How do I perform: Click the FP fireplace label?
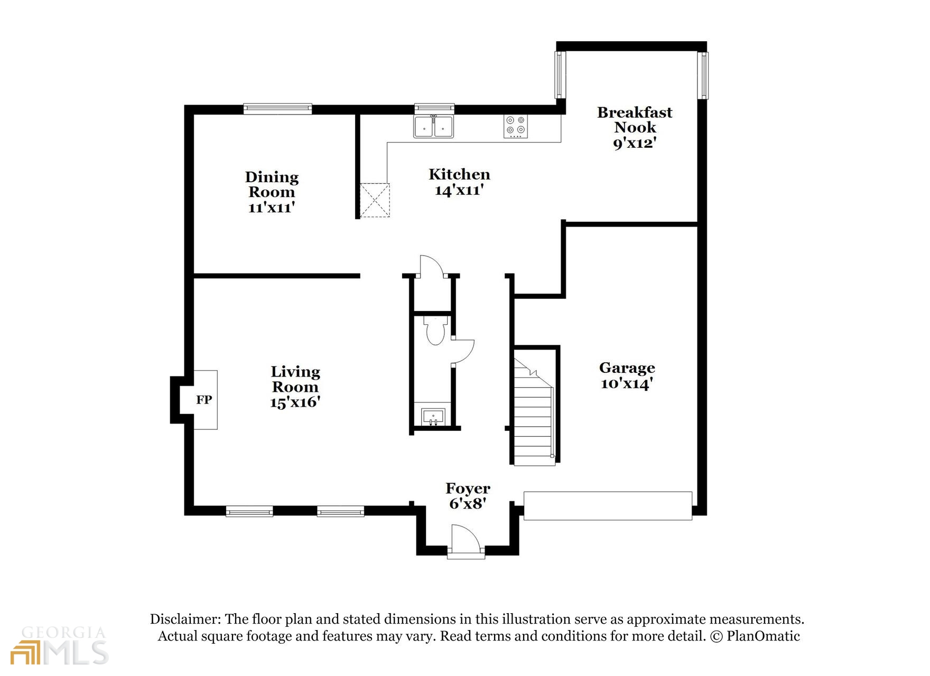pyautogui.click(x=204, y=400)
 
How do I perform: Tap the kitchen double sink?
pyautogui.click(x=434, y=127)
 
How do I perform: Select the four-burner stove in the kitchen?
pyautogui.click(x=516, y=127)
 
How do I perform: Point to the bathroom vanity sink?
pyautogui.click(x=433, y=417)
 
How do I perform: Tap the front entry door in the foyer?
pyautogui.click(x=465, y=541)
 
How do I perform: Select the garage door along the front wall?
pyautogui.click(x=608, y=506)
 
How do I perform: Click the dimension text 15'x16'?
pyautogui.click(x=295, y=402)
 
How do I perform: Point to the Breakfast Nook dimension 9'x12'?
pyautogui.click(x=635, y=143)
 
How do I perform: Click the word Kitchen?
pyautogui.click(x=459, y=174)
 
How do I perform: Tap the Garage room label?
pyautogui.click(x=627, y=368)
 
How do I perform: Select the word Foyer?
pyautogui.click(x=468, y=489)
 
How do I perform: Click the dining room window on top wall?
pyautogui.click(x=277, y=109)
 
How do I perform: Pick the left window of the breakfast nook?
pyautogui.click(x=560, y=74)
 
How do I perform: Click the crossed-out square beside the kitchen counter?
pyautogui.click(x=375, y=200)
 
